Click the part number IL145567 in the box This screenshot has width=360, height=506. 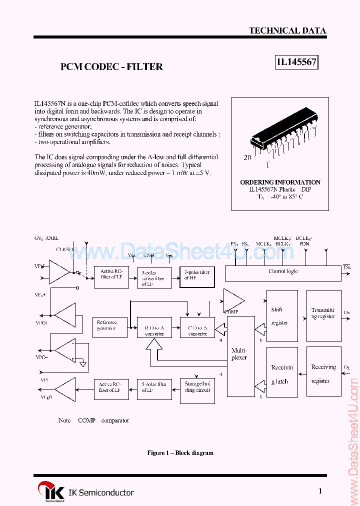point(296,62)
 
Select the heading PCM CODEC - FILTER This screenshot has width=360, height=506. point(111,66)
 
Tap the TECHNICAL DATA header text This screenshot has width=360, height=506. point(287,30)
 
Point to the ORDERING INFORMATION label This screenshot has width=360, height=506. point(280,182)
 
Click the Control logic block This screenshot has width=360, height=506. point(283,272)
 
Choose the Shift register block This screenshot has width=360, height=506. point(282,316)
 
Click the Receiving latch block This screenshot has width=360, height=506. point(282,374)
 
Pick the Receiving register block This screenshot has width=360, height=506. point(322,374)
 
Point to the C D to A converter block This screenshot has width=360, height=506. point(197,327)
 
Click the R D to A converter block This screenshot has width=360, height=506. point(154,327)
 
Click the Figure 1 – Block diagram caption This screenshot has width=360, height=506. point(180,453)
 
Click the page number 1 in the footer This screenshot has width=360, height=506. point(320,491)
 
